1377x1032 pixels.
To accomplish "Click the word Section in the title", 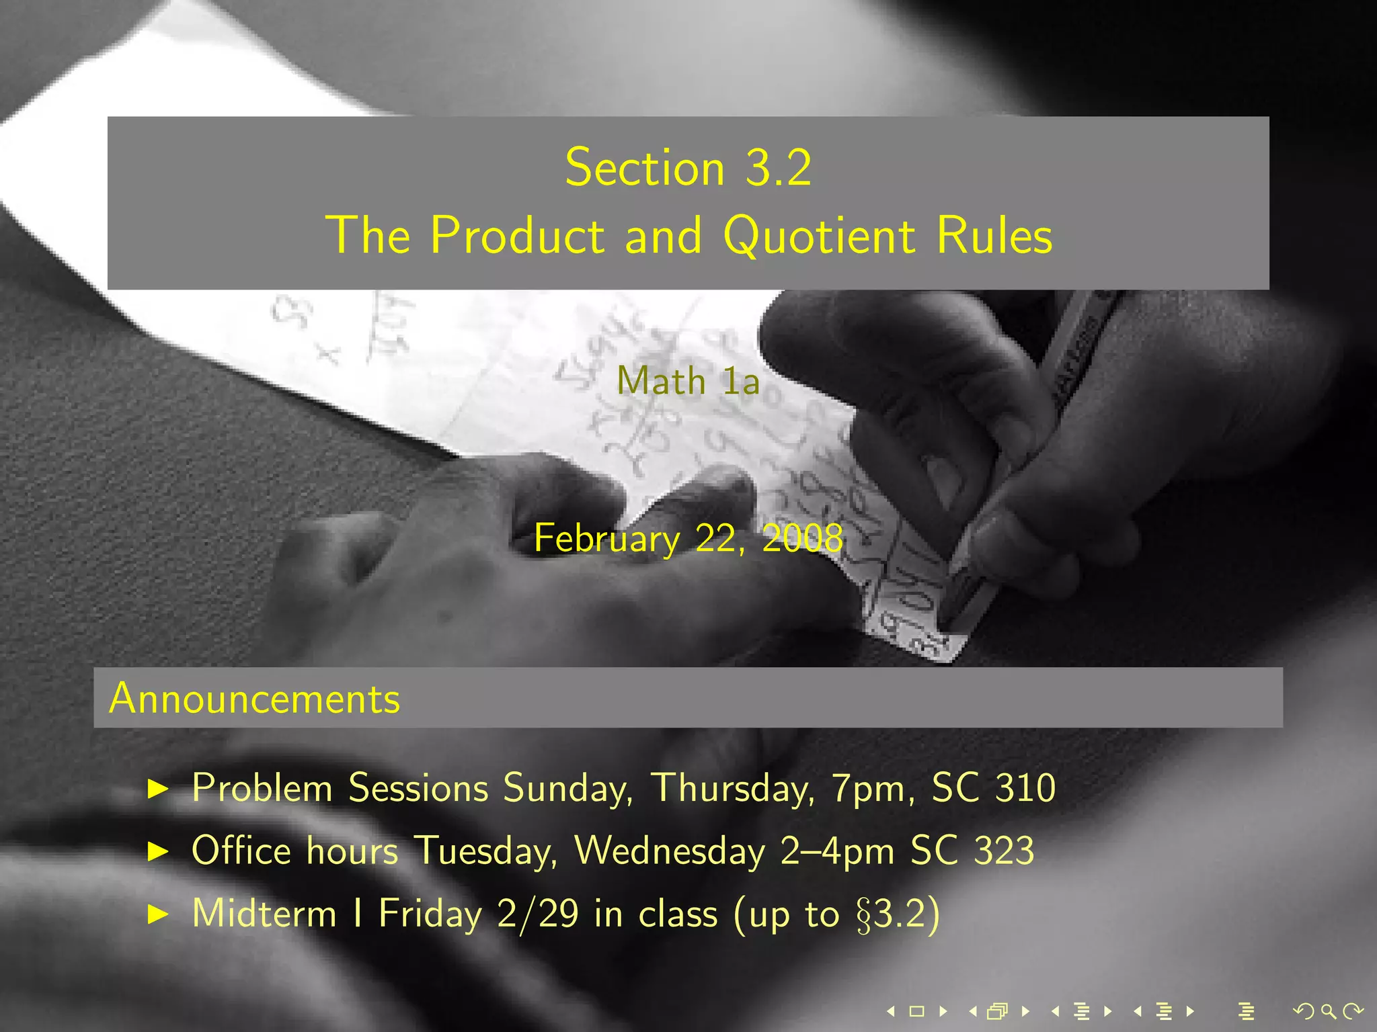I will click(x=644, y=168).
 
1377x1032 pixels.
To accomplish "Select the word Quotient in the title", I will click(x=819, y=236).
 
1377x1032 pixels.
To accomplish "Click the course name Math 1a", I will click(x=688, y=381).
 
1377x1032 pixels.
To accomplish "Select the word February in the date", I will click(x=606, y=539).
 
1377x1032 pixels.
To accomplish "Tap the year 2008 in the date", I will click(x=802, y=539).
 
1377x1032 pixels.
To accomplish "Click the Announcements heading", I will click(x=254, y=698).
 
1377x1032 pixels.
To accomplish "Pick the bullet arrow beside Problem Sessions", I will click(x=158, y=789).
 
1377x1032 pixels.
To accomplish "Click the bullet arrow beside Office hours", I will click(x=158, y=852).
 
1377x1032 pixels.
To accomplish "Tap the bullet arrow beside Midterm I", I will click(x=158, y=914).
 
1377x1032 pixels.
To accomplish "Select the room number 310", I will click(x=1025, y=787).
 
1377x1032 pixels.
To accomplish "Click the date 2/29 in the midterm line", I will click(x=538, y=914).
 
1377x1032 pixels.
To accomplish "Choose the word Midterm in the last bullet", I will click(x=264, y=914).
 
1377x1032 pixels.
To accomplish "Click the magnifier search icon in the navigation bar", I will click(x=1328, y=1010).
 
